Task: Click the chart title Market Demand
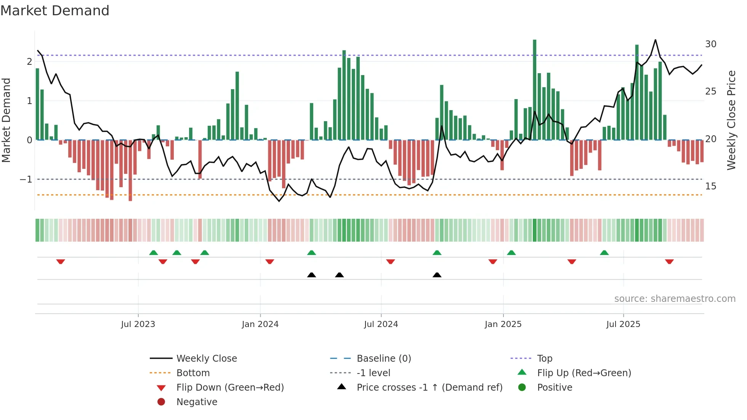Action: (55, 11)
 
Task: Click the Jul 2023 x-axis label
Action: (138, 324)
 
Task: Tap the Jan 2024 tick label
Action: (260, 324)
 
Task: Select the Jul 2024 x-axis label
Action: (381, 324)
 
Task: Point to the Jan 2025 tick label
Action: (503, 324)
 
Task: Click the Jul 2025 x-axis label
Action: (623, 324)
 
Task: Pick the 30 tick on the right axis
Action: (710, 44)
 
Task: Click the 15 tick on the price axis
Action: (710, 186)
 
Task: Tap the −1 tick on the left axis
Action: (26, 180)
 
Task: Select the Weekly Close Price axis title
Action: (731, 120)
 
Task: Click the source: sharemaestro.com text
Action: (675, 299)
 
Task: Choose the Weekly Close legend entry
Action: (206, 359)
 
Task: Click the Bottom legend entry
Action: (193, 373)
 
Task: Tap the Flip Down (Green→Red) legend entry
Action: (230, 388)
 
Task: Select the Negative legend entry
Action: (197, 402)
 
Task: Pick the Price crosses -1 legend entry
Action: (429, 388)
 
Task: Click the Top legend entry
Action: (545, 359)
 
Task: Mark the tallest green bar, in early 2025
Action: (534, 90)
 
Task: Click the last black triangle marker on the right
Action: (437, 275)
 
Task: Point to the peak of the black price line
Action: (655, 40)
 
